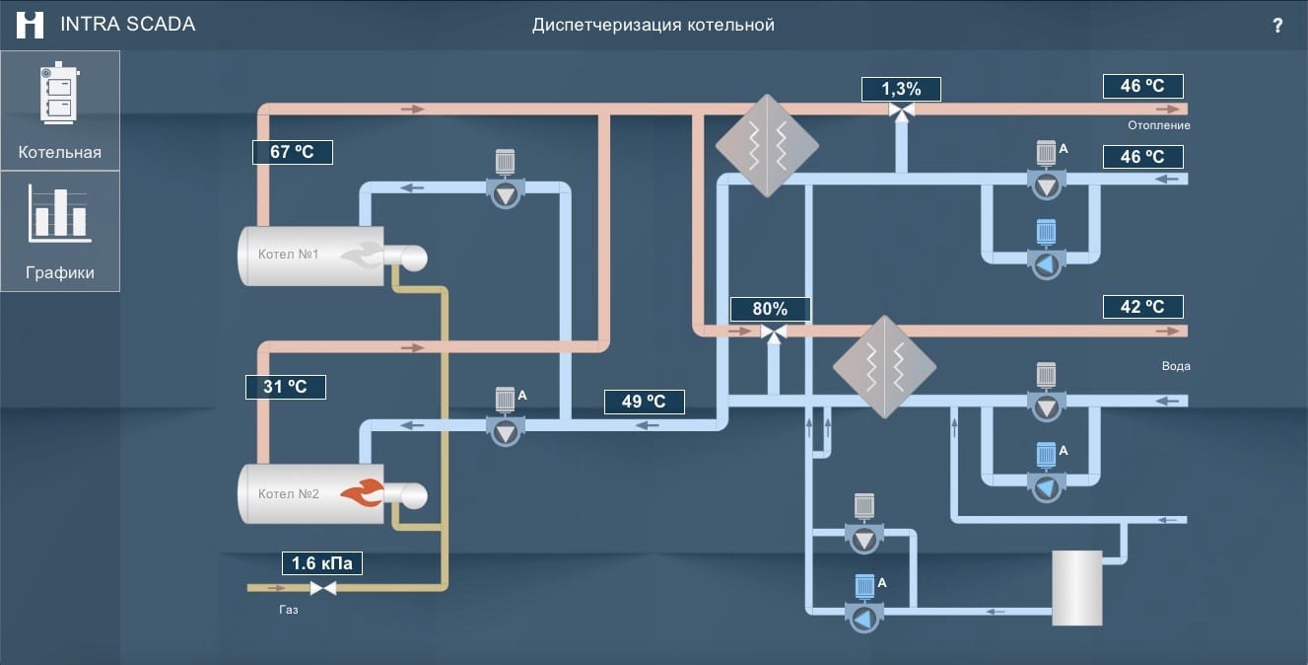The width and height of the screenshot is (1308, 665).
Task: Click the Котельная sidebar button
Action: [60, 111]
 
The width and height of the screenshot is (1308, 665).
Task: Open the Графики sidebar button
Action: [60, 231]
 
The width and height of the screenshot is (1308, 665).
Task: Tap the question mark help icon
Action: [1277, 26]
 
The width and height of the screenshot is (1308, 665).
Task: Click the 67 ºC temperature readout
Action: [293, 152]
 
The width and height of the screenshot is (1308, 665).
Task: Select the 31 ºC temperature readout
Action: [285, 387]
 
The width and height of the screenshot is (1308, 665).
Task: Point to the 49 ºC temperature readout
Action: [644, 402]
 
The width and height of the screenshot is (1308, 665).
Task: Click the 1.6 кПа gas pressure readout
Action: [322, 563]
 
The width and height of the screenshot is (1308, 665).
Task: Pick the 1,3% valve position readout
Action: [901, 89]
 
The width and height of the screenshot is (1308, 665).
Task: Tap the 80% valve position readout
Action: [771, 309]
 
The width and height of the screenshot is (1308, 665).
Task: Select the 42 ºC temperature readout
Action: [1142, 307]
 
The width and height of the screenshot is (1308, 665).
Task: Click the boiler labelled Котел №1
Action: [310, 256]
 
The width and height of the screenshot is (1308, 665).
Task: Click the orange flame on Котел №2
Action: [362, 493]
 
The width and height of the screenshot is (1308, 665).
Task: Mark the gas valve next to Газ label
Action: [322, 588]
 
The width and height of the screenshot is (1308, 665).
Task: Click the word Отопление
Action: [1159, 125]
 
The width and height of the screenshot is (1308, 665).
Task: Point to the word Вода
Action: [1176, 366]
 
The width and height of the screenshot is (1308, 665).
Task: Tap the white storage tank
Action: [1076, 588]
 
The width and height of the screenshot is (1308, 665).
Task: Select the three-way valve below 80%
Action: [775, 334]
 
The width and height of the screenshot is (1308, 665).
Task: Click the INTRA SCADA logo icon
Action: [31, 25]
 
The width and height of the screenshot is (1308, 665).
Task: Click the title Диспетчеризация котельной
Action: [654, 25]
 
